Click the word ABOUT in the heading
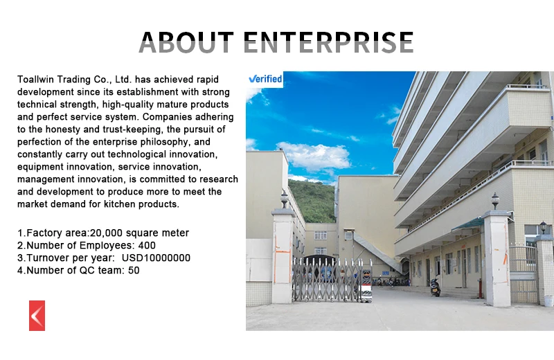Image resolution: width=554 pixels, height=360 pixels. click(x=186, y=42)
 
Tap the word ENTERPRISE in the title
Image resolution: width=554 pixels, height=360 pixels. click(x=328, y=42)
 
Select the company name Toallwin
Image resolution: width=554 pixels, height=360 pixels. click(x=36, y=79)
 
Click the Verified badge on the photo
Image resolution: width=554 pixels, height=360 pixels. click(x=265, y=79)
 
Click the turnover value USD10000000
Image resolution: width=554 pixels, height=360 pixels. click(x=156, y=258)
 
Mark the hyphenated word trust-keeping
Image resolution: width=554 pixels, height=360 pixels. click(x=133, y=129)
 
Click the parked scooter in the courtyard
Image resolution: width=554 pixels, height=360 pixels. click(x=436, y=287)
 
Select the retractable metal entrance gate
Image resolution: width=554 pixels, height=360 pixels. click(x=332, y=280)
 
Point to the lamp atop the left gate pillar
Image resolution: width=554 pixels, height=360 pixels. click(x=285, y=199)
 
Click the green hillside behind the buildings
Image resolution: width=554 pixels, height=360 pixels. click(x=312, y=201)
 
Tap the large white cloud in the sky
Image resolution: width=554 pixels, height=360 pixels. click(x=314, y=156)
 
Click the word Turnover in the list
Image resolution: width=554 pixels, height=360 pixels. click(x=47, y=258)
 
